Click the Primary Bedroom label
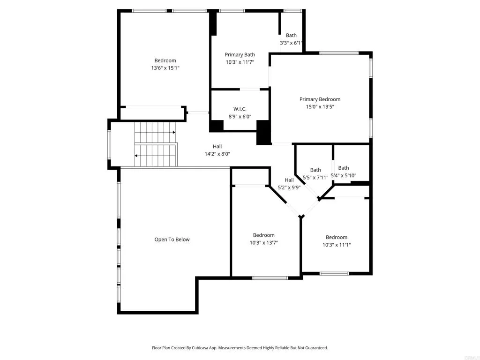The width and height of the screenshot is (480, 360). [x=320, y=99]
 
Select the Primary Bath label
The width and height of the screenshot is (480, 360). [x=240, y=55]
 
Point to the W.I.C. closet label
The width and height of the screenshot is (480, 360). [x=240, y=109]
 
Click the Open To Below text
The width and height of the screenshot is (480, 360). [x=172, y=240]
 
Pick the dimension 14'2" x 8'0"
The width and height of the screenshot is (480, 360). [x=217, y=154]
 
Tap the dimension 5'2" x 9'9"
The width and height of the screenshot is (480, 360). [x=289, y=187]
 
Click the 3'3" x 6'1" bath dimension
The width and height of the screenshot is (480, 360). [x=291, y=43]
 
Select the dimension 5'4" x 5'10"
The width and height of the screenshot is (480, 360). [x=344, y=176]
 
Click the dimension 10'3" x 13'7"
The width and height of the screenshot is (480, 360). [x=263, y=243]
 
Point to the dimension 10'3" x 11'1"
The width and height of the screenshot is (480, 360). [x=337, y=245]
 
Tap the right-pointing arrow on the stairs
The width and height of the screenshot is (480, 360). [x=173, y=133]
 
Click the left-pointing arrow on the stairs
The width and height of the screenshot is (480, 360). [x=136, y=156]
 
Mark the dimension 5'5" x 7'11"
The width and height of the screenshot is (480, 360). [x=315, y=178]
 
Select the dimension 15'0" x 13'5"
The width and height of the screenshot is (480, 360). [x=320, y=107]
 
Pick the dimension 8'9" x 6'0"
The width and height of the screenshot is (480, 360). [x=240, y=116]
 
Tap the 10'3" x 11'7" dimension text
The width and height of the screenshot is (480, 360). [x=240, y=62]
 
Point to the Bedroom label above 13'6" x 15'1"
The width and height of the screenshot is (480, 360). [x=165, y=60]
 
